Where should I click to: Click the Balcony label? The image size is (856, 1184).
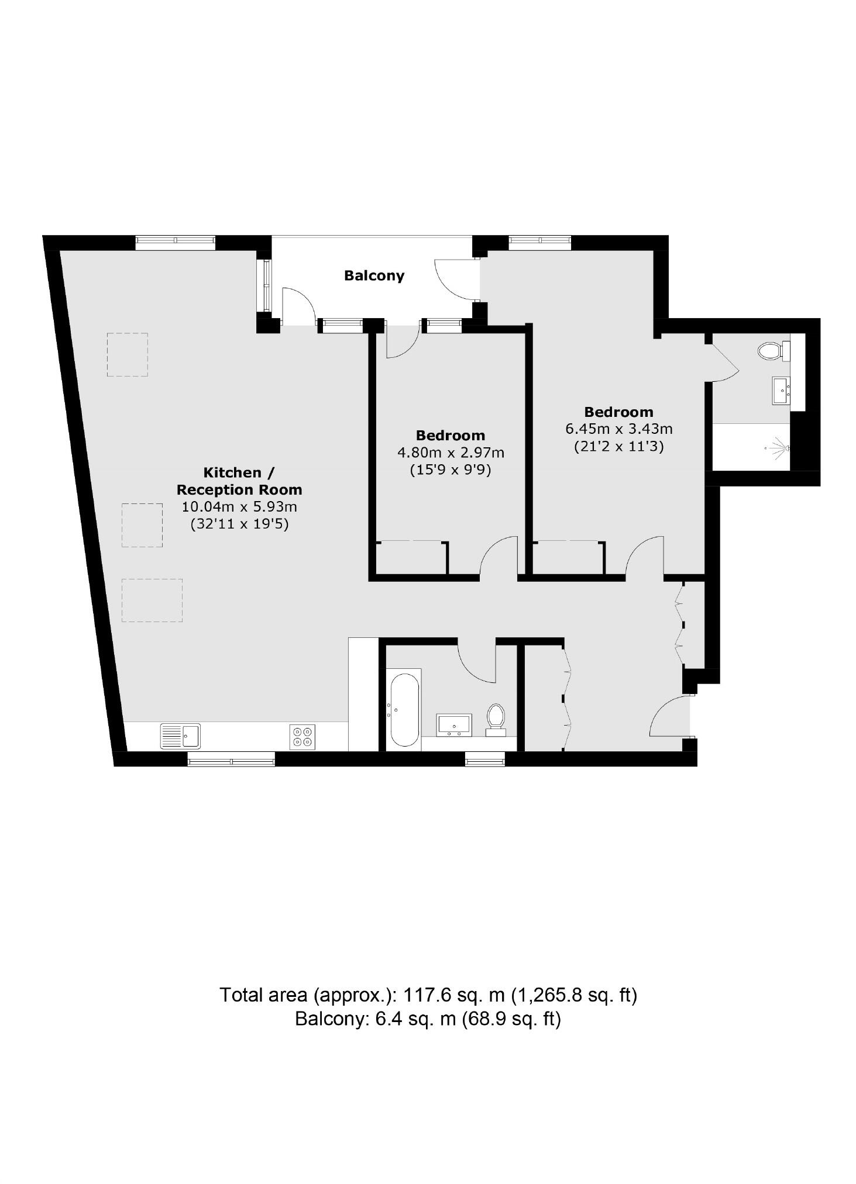pyautogui.click(x=374, y=275)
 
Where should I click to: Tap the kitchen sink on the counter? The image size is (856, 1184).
pyautogui.click(x=180, y=736)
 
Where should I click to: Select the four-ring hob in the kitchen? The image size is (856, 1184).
pyautogui.click(x=302, y=736)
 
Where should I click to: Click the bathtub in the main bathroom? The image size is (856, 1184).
pyautogui.click(x=404, y=710)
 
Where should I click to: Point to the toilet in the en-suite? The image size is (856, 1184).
pyautogui.click(x=771, y=351)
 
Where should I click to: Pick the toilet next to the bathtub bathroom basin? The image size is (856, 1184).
pyautogui.click(x=496, y=718)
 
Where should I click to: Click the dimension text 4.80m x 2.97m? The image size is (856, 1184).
pyautogui.click(x=451, y=453)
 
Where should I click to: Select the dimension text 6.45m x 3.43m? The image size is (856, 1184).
pyautogui.click(x=618, y=429)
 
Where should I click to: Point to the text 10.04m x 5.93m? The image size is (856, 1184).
pyautogui.click(x=239, y=506)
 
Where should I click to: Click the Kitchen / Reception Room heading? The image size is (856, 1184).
pyautogui.click(x=239, y=481)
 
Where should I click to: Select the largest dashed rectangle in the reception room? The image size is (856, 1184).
pyautogui.click(x=152, y=600)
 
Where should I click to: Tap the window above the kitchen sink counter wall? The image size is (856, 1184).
pyautogui.click(x=231, y=761)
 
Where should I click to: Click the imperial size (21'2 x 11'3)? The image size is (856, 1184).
pyautogui.click(x=618, y=447)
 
